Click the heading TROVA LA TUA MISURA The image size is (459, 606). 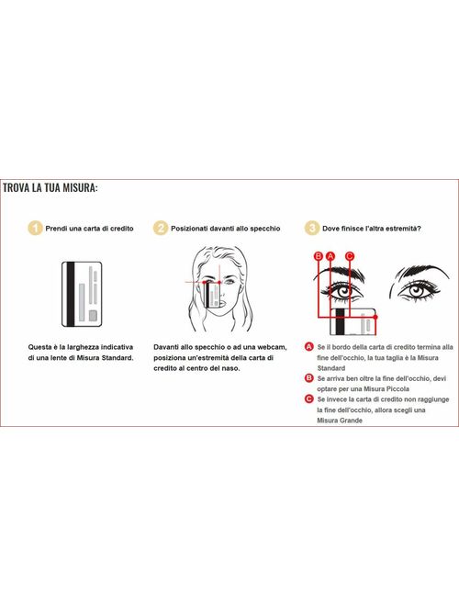point(50,188)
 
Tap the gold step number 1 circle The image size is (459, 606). point(35,228)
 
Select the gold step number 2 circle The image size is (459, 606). point(161,228)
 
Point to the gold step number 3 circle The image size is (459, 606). point(312,228)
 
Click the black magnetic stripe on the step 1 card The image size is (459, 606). point(70,294)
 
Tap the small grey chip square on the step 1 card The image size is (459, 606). point(93,316)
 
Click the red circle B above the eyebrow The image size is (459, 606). point(319,256)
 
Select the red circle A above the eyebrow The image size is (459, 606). point(330,256)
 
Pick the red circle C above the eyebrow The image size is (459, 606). point(349,256)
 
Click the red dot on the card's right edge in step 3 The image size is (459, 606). point(375,317)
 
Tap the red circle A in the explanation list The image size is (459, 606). point(308,347)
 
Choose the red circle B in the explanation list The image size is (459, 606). point(308,378)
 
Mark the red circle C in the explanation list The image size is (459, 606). point(308,398)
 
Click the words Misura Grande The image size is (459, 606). point(340,421)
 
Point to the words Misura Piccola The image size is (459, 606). point(386,388)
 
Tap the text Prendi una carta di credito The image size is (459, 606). point(89,229)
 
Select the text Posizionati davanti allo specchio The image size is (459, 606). point(226,229)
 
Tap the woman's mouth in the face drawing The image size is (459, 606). point(222,303)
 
